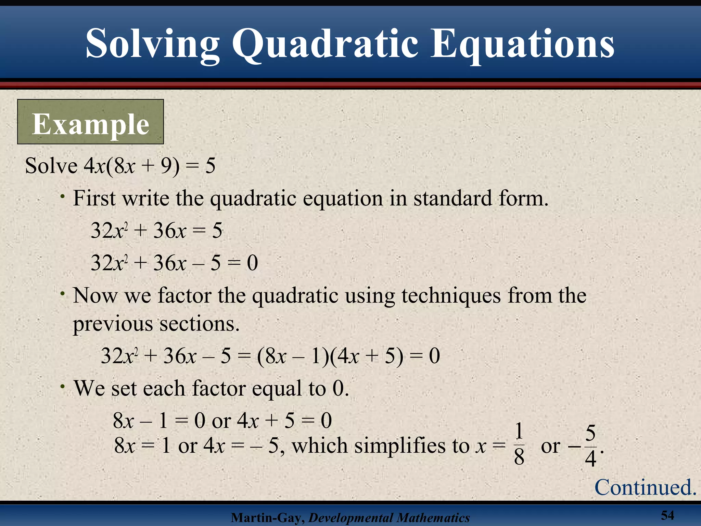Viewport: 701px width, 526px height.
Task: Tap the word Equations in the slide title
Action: [522, 45]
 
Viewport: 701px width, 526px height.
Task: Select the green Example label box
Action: [90, 122]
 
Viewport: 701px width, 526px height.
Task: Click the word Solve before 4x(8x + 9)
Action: [51, 166]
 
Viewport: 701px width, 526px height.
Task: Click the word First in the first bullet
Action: [94, 198]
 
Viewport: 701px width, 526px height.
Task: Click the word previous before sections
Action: [113, 324]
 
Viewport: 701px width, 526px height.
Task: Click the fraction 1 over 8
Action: [519, 444]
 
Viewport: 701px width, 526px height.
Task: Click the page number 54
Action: [667, 515]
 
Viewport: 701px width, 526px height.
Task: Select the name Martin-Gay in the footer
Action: [267, 518]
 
